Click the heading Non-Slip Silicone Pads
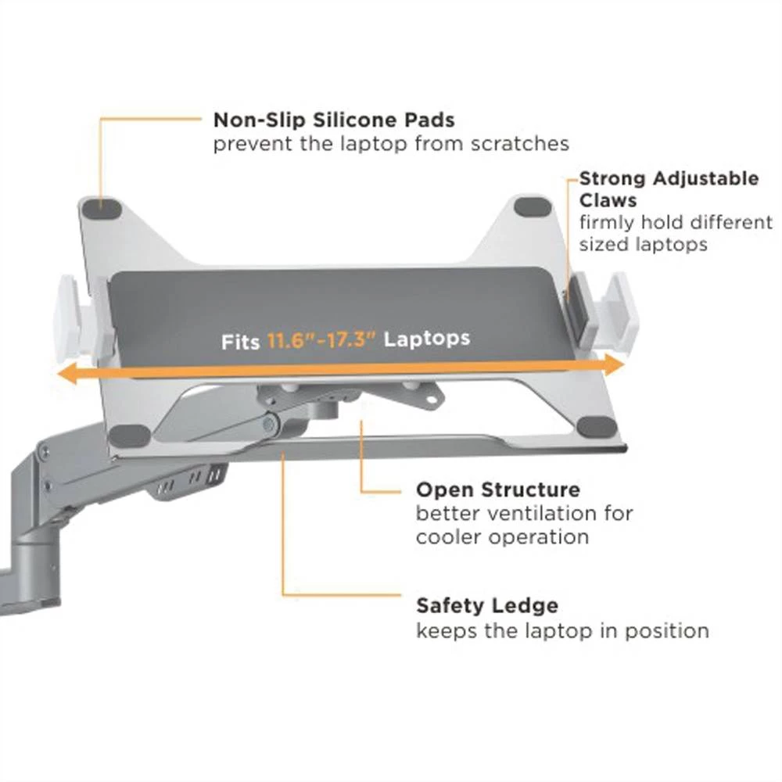334,120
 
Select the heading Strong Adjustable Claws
669,189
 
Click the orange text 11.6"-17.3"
322,340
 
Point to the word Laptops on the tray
427,338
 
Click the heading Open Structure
498,490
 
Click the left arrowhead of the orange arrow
73,376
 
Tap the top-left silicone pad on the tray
102,209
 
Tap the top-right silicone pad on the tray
533,208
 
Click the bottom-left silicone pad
130,435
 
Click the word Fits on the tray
240,343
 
